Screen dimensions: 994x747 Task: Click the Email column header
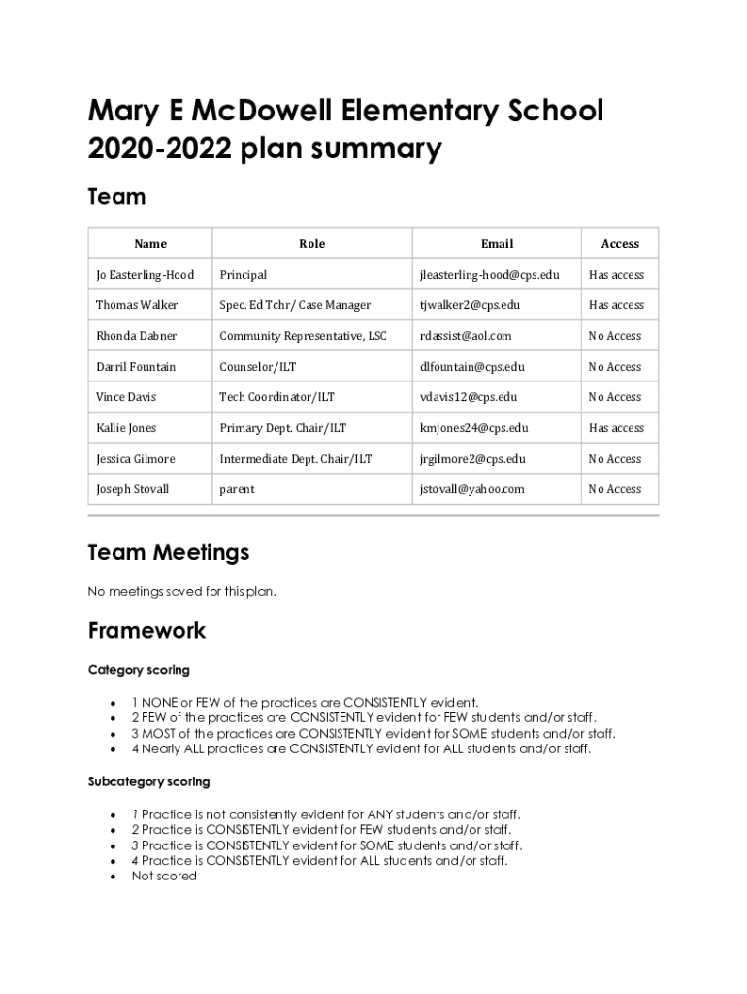497,244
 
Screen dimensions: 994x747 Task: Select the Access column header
620,244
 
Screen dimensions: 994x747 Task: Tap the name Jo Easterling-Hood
145,275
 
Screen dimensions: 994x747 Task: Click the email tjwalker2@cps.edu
470,305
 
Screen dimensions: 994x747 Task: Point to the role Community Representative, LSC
303,336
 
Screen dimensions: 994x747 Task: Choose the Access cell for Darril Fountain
614,367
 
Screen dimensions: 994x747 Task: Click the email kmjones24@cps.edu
473,428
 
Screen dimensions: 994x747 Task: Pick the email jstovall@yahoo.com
471,489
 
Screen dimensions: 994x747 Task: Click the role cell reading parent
237,489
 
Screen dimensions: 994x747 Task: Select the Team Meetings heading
168,552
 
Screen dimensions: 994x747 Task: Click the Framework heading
146,630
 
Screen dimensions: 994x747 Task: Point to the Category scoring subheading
139,670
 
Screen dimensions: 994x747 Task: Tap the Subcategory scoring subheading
148,781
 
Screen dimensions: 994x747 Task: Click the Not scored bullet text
164,876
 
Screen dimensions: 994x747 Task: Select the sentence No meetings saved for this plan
181,591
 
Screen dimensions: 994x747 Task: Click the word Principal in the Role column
243,275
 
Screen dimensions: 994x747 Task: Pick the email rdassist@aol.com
465,336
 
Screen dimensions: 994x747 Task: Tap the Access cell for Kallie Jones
616,428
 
